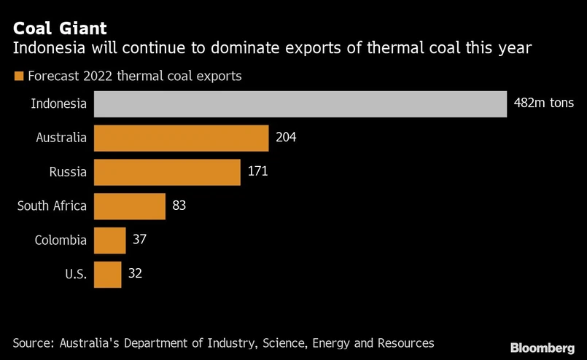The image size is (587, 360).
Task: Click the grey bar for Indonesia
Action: tap(300, 103)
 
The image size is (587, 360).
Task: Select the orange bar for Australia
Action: tap(182, 138)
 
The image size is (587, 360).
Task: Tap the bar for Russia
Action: tap(167, 172)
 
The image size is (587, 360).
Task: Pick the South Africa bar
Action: tap(130, 206)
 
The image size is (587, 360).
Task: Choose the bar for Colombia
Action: tap(110, 240)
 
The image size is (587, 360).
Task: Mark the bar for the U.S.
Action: tap(108, 274)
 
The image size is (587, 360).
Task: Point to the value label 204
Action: tap(287, 138)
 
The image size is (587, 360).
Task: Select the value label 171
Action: tap(258, 172)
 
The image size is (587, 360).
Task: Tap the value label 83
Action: tap(179, 206)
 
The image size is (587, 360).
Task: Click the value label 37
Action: tap(140, 240)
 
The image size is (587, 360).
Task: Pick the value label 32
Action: tap(135, 274)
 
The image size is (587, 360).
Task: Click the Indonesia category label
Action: tap(59, 103)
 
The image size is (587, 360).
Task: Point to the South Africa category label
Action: tap(52, 206)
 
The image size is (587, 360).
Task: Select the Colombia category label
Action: tap(61, 240)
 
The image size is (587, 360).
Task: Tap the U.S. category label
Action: tap(75, 274)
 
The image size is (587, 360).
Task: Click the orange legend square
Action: tap(18, 76)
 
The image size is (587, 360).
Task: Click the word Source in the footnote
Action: tap(33, 343)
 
